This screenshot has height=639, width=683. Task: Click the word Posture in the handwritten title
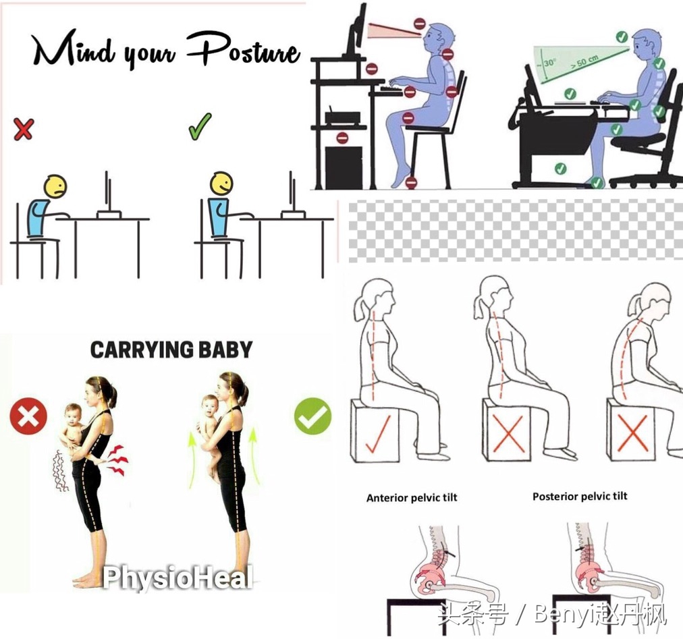(x=244, y=51)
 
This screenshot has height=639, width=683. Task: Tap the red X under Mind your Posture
(x=24, y=128)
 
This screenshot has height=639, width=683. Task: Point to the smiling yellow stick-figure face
(x=221, y=184)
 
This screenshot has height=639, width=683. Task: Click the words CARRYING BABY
(x=171, y=350)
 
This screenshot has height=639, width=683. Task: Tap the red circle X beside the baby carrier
(x=28, y=416)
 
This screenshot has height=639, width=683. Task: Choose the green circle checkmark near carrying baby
(x=312, y=416)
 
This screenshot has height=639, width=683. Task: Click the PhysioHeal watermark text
(x=177, y=578)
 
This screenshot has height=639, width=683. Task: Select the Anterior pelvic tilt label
(x=412, y=497)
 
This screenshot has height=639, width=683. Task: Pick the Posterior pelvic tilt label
(x=580, y=496)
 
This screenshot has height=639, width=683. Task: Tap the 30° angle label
(x=549, y=63)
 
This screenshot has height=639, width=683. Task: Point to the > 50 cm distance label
(x=584, y=62)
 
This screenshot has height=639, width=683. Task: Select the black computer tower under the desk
(x=344, y=167)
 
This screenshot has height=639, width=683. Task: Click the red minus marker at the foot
(x=411, y=182)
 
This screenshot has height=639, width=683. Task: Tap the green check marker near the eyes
(x=622, y=36)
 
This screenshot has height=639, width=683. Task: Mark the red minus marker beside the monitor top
(x=420, y=24)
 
